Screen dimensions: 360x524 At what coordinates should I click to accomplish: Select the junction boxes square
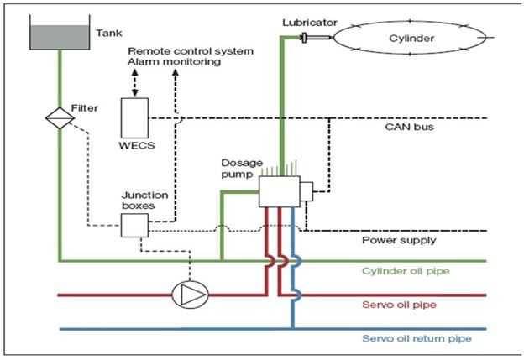(x=134, y=224)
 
